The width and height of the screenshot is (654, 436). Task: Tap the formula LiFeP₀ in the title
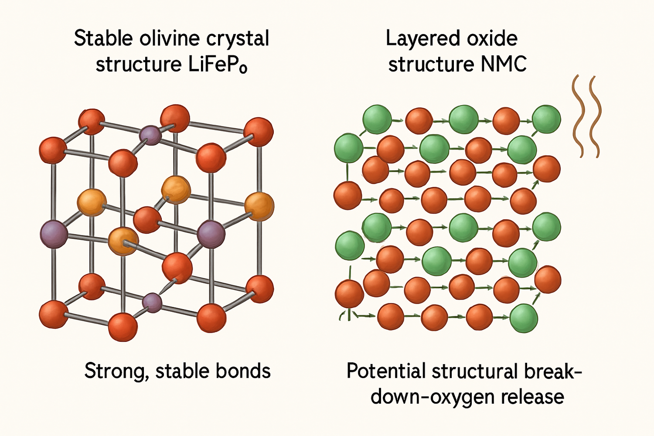(x=218, y=65)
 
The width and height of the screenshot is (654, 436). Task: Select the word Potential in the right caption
(x=386, y=371)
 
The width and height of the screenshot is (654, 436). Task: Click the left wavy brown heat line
(x=577, y=116)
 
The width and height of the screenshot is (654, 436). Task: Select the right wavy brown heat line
(x=594, y=117)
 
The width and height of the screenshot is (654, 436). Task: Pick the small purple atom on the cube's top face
(x=150, y=135)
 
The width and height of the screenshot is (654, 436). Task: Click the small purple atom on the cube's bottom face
(x=152, y=302)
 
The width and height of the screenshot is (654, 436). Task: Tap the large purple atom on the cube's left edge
(x=54, y=234)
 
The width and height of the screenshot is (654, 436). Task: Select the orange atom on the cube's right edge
(x=259, y=206)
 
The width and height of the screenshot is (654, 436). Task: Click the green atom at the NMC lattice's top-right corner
(x=546, y=119)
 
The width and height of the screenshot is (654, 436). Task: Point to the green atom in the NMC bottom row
(x=524, y=318)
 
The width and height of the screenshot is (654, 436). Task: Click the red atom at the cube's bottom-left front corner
(x=54, y=314)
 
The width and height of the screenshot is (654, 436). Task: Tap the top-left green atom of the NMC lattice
(x=377, y=119)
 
